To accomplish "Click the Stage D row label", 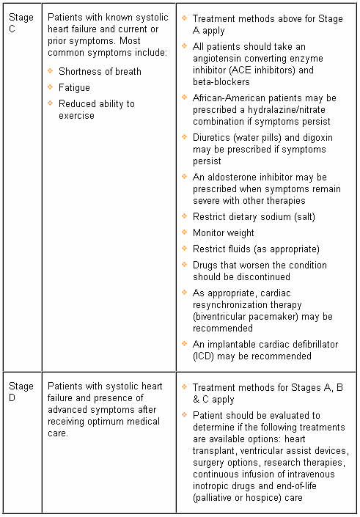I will (x=21, y=391).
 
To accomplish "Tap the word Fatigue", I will (x=75, y=87).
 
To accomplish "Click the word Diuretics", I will (x=213, y=138).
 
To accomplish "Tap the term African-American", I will (x=232, y=98).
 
